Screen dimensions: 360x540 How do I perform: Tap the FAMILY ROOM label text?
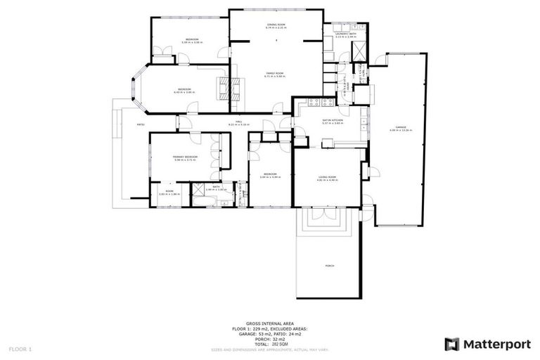pyautogui.click(x=274, y=74)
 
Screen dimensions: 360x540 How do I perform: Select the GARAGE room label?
pyautogui.click(x=401, y=127)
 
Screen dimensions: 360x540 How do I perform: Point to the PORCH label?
pyautogui.click(x=329, y=266)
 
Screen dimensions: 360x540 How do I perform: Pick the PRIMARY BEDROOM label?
pyautogui.click(x=186, y=157)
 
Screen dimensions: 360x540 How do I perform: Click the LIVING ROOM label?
pyautogui.click(x=328, y=177)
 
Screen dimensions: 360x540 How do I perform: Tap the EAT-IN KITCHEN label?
pyautogui.click(x=332, y=122)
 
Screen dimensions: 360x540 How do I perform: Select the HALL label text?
pyautogui.click(x=239, y=122)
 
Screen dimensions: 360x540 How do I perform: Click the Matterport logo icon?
pyautogui.click(x=452, y=344)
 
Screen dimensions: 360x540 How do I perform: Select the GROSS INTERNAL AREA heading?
pyautogui.click(x=270, y=324)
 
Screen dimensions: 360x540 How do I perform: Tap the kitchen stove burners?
pyautogui.click(x=321, y=103)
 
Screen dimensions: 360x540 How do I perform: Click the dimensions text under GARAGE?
pyautogui.click(x=401, y=131)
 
